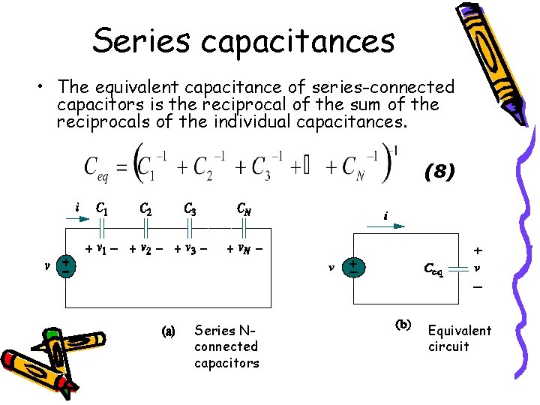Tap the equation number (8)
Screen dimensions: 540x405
[439, 172]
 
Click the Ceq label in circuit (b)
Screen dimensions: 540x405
[433, 268]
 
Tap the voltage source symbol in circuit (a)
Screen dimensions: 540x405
[67, 265]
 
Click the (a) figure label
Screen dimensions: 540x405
[169, 330]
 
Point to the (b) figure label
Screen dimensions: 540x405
[403, 325]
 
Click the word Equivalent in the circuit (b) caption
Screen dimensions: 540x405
[460, 331]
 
